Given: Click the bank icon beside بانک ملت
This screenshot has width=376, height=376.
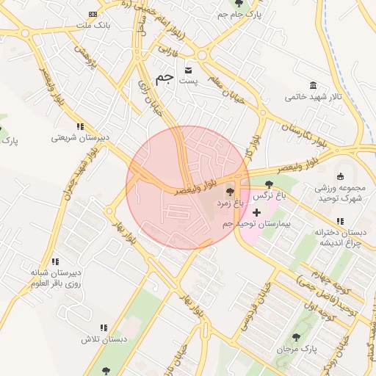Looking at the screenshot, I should [x=93, y=14].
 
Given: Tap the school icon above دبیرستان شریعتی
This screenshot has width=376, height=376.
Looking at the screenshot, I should [x=80, y=126].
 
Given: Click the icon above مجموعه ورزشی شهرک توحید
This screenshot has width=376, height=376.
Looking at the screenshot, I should [x=339, y=176].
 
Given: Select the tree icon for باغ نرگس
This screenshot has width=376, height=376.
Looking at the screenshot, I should [x=268, y=184].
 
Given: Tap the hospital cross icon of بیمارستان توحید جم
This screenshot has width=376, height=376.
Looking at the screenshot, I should [x=256, y=212].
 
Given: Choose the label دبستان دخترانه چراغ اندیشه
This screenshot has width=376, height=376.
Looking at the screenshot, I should [x=339, y=238].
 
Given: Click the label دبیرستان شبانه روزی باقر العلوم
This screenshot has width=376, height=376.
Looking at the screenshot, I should [x=55, y=278].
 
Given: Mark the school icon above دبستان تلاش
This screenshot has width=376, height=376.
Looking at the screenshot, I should [x=104, y=328].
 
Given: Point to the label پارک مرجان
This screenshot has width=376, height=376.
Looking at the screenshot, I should [x=297, y=350].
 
